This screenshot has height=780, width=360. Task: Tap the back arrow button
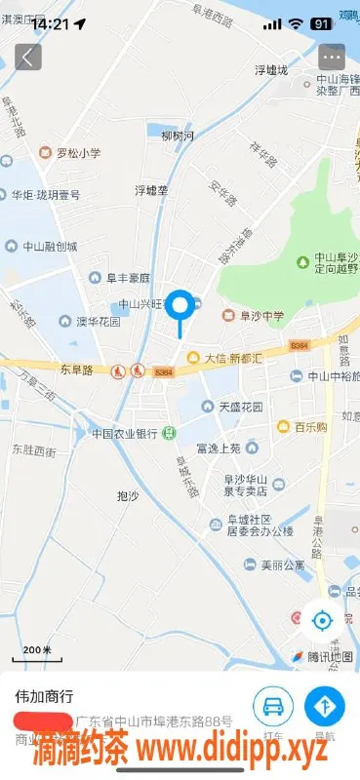pyautogui.click(x=28, y=57)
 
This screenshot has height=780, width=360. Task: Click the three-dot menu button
pyautogui.click(x=332, y=57)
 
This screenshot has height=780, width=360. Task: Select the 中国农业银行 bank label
pyautogui.click(x=125, y=433)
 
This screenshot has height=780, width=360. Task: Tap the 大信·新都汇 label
pyautogui.click(x=225, y=358)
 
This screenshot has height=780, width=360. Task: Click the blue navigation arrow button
pyautogui.click(x=324, y=705)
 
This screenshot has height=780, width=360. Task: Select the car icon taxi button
pyautogui.click(x=273, y=705)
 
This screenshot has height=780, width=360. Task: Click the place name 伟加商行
pyautogui.click(x=44, y=697)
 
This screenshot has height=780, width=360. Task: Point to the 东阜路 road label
pyautogui.click(x=75, y=370)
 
